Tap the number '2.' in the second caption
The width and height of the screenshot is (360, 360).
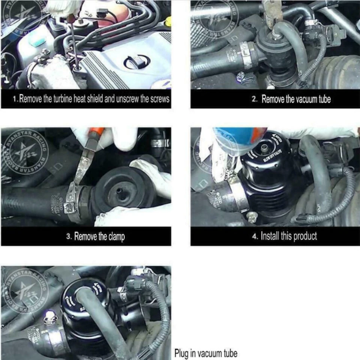pyautogui.click(x=255, y=99)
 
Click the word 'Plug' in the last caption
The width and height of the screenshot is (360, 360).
pyautogui.click(x=181, y=353)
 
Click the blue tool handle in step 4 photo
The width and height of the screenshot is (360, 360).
pyautogui.click(x=232, y=139)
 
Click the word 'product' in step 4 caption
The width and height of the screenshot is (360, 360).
pyautogui.click(x=305, y=236)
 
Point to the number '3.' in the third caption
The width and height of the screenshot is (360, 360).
pyautogui.click(x=69, y=237)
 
